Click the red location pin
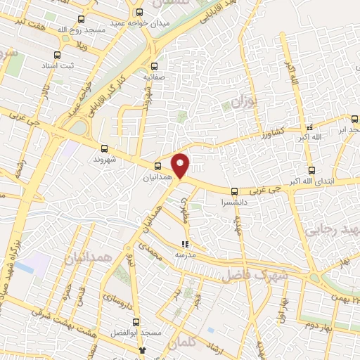pyautogui.click(x=181, y=165)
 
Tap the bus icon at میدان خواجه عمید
pyautogui.click(x=139, y=12)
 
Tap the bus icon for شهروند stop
pyautogui.click(x=105, y=148)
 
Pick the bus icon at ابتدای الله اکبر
pyautogui.click(x=311, y=170)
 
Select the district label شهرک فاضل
pyautogui.click(x=247, y=276)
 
